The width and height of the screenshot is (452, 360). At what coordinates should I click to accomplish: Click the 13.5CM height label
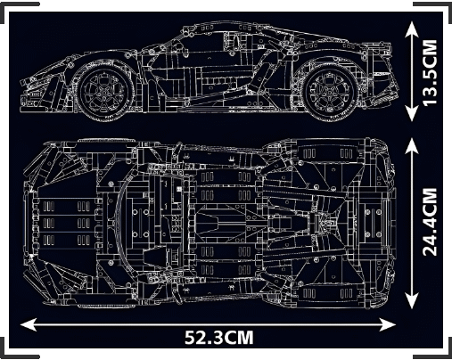[x=430, y=72]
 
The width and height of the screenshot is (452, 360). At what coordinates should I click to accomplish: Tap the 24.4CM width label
[x=430, y=222]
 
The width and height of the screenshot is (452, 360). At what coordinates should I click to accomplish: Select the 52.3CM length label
[x=219, y=338]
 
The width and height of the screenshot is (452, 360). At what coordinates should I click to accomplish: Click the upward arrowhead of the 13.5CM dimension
[x=412, y=29]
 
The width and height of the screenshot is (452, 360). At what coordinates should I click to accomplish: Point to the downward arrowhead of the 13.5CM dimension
[x=412, y=114]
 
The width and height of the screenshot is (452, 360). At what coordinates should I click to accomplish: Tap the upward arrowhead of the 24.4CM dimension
[x=412, y=146]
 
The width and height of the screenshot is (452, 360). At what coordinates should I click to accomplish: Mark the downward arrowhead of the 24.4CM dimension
[x=412, y=301]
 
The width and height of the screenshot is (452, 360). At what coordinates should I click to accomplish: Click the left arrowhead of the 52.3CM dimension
[x=28, y=324]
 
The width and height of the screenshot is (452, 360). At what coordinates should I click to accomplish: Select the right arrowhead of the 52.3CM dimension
[x=388, y=324]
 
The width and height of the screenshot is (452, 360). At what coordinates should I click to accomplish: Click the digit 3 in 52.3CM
[x=219, y=338]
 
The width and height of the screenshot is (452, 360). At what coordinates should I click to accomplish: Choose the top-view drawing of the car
[x=210, y=224]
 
